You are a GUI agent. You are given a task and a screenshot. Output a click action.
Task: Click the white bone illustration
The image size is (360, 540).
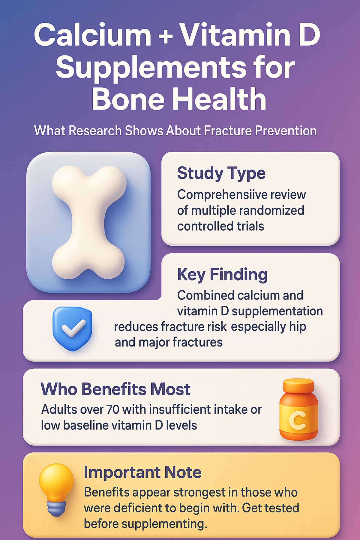[x=88, y=222]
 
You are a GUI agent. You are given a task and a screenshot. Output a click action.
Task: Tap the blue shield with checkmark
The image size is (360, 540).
[x=72, y=328]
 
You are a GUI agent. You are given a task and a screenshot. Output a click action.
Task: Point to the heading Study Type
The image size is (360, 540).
[x=221, y=173]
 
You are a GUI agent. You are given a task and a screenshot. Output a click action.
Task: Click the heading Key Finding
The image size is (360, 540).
[x=222, y=274]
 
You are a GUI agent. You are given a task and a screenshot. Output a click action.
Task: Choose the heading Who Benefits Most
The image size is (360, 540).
[x=115, y=389]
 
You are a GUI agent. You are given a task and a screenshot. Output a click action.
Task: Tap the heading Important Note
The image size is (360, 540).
[x=142, y=472]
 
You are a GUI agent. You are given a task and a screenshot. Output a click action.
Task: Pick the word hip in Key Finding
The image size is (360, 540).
[x=298, y=326]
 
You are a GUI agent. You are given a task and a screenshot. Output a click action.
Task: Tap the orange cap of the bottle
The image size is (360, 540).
[x=298, y=385]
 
